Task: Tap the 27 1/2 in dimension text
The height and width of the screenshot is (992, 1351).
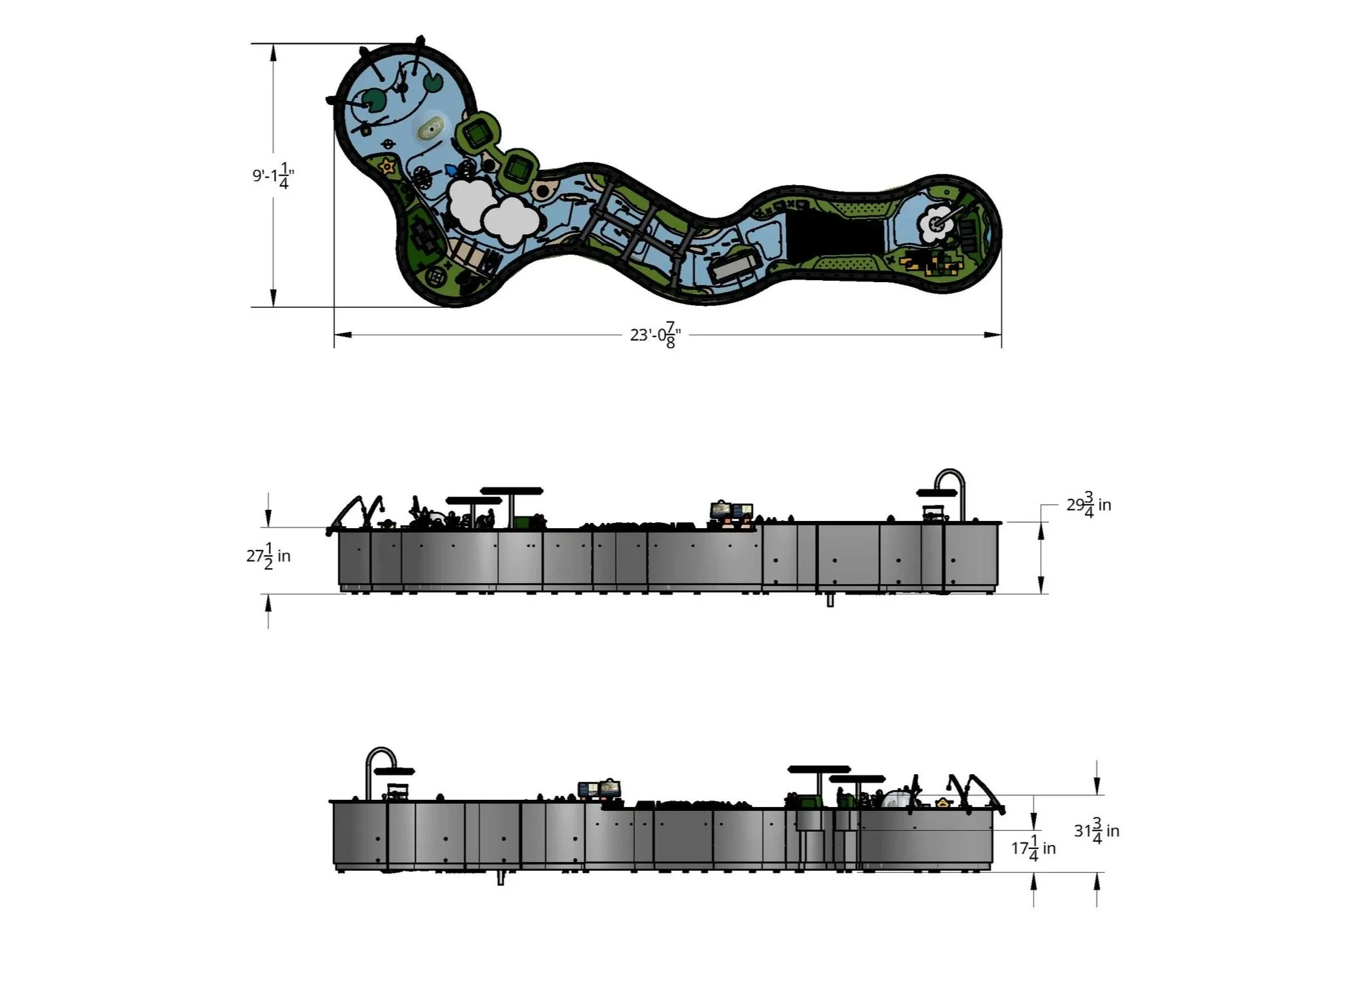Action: (268, 556)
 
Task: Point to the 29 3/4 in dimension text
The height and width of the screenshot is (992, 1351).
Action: (1089, 505)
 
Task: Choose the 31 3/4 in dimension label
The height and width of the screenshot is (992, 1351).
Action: (1097, 831)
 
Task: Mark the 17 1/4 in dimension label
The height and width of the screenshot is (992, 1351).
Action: (1034, 848)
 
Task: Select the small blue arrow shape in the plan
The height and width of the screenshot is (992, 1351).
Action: (451, 169)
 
